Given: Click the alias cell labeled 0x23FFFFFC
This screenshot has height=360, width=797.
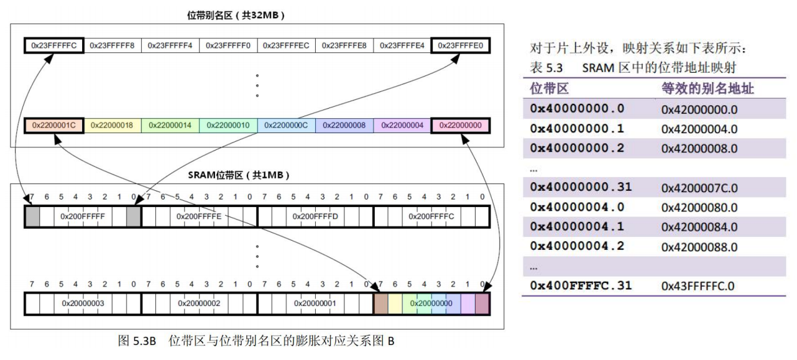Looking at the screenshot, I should [53, 45].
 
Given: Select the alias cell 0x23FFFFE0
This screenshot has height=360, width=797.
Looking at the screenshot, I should [461, 45].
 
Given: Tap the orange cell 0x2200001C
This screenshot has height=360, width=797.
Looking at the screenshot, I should [53, 125].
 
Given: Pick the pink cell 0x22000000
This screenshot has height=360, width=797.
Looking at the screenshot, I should [461, 125].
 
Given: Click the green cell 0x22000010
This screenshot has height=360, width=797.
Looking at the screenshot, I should [228, 125].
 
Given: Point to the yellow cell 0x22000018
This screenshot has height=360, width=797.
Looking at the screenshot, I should [112, 125].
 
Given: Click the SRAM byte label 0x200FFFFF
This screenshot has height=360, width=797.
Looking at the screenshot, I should [83, 216].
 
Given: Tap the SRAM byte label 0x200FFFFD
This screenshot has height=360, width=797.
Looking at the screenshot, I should [315, 216].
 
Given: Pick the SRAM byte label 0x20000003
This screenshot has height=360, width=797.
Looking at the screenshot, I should [83, 303].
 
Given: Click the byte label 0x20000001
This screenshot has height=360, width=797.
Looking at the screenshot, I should [315, 303].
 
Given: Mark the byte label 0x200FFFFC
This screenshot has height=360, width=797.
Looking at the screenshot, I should [431, 216].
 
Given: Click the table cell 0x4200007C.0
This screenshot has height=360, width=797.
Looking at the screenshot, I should [699, 187].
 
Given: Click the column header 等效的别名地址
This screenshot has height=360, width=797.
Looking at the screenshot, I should [707, 88].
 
